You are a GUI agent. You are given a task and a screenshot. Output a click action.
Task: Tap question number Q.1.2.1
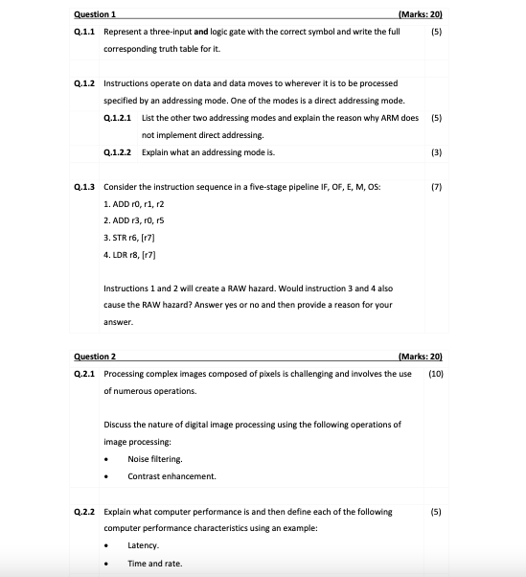click(x=119, y=118)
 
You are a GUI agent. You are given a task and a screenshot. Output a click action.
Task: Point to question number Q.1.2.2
click(x=119, y=152)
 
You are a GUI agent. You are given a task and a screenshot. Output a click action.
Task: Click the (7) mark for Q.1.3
click(x=436, y=186)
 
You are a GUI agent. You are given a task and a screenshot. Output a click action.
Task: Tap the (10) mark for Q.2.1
click(x=436, y=373)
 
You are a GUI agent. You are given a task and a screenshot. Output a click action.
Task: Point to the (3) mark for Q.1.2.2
click(x=436, y=152)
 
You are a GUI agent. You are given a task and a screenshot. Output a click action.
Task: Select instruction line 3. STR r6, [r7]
click(x=130, y=238)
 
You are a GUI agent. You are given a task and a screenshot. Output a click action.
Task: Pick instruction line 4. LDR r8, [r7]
click(x=130, y=255)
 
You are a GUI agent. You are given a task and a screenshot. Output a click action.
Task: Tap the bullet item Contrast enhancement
click(x=172, y=475)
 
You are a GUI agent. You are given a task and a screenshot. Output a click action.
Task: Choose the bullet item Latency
click(x=145, y=544)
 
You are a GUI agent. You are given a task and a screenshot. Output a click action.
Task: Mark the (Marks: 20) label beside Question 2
click(x=423, y=356)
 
